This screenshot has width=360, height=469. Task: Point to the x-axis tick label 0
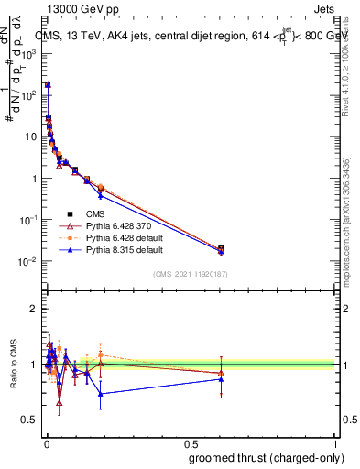click(46, 442)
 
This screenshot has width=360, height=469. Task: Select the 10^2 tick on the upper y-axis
click(27, 95)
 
